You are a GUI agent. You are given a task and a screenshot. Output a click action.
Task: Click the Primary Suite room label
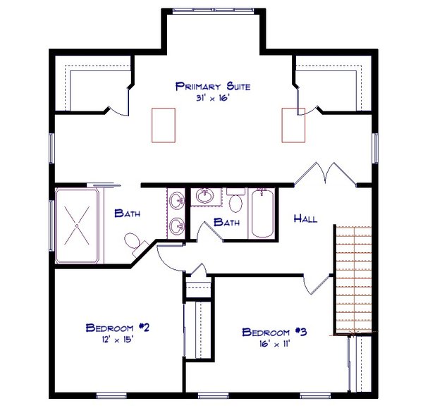(213, 87)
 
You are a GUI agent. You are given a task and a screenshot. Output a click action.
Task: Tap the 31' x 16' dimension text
(213, 99)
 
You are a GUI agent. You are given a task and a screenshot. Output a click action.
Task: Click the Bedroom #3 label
(275, 332)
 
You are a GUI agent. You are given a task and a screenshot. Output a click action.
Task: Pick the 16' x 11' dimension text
(275, 344)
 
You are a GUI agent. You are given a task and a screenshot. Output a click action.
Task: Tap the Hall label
(305, 218)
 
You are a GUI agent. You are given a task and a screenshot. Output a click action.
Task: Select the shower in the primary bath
(78, 225)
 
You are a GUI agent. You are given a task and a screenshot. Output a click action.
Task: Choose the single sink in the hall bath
(206, 196)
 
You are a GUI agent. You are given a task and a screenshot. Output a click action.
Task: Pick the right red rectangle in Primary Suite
(293, 125)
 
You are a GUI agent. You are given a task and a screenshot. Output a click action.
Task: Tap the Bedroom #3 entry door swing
(316, 282)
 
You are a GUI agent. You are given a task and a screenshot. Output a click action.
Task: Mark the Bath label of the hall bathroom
(227, 222)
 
